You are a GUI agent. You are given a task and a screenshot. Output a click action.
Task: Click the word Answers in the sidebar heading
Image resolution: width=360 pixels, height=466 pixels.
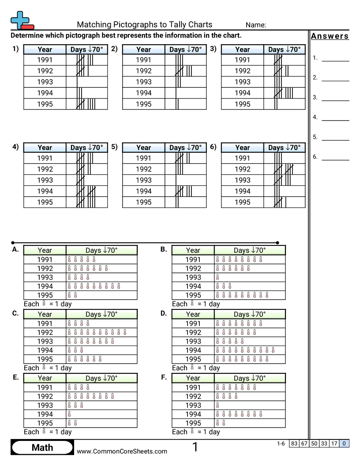click(x=330, y=36)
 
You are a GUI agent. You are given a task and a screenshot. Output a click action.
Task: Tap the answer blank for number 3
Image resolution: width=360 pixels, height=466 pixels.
click(x=335, y=98)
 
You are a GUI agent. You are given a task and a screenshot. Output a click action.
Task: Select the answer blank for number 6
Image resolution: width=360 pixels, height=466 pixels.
click(x=335, y=157)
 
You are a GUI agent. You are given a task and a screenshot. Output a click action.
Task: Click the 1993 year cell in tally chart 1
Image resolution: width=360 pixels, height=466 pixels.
click(x=45, y=82)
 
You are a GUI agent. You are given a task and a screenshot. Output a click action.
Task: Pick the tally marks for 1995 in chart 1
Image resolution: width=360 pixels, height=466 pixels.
click(x=86, y=104)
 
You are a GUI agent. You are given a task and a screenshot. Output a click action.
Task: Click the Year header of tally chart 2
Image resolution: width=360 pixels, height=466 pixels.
click(x=143, y=49)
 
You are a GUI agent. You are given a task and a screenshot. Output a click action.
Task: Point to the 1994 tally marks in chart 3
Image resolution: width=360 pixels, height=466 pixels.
click(x=283, y=93)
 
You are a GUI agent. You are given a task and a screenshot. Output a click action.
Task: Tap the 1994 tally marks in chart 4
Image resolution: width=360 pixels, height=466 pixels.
click(x=86, y=191)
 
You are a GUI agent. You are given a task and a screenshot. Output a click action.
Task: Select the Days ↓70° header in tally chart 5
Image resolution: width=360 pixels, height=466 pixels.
click(x=185, y=147)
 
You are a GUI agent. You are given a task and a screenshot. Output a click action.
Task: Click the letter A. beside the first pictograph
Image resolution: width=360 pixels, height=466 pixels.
click(x=15, y=250)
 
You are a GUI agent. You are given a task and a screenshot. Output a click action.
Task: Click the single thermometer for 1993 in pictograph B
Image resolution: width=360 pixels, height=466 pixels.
click(x=217, y=278)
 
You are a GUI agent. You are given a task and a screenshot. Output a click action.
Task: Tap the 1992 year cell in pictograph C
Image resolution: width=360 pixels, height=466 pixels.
click(x=45, y=332)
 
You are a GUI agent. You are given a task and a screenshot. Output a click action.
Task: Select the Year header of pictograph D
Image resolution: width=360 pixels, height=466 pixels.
click(x=193, y=314)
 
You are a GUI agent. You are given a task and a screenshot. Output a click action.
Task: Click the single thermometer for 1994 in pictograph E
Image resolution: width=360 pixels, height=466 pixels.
click(x=69, y=414)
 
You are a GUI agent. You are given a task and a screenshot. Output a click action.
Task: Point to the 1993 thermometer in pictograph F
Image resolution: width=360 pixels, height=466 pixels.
click(x=217, y=405)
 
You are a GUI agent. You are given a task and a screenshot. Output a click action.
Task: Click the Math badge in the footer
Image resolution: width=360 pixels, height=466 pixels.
click(x=42, y=448)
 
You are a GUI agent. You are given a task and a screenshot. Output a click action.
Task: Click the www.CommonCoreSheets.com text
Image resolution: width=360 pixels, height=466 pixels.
click(x=122, y=451)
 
